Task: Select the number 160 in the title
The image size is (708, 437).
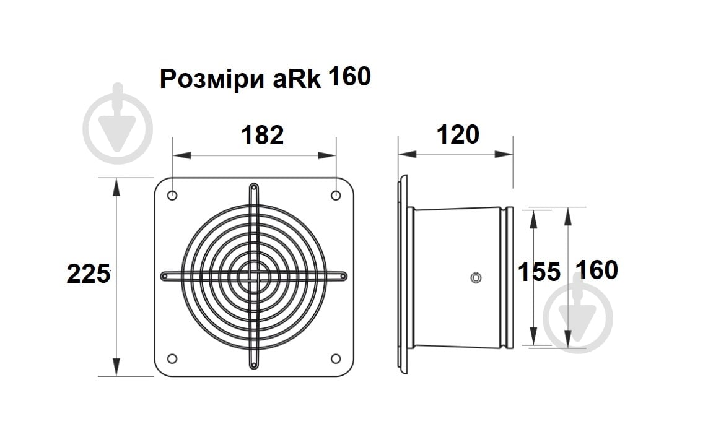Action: coord(349,77)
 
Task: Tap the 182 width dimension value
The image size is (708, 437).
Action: coord(262,134)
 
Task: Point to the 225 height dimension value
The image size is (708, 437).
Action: coord(88,274)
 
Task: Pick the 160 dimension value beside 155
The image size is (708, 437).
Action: coord(597,270)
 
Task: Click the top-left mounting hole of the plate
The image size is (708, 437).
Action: coord(172,196)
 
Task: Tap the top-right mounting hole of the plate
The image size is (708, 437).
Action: coord(336,196)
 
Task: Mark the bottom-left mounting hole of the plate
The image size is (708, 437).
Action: coord(172,358)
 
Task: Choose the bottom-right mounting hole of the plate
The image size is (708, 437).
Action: coord(336,358)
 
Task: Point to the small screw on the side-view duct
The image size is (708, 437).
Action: coord(475,277)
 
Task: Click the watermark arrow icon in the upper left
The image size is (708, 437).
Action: coord(118,123)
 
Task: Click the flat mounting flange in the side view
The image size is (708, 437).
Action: coord(403,275)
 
